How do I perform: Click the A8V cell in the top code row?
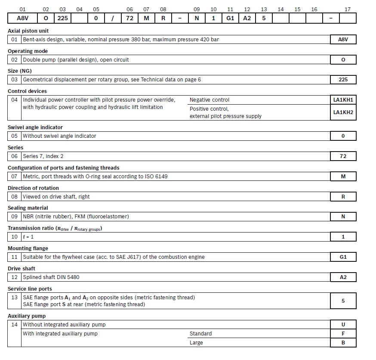click(x=22, y=19)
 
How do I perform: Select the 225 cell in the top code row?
click(x=63, y=19)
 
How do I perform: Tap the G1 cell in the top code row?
click(x=230, y=19)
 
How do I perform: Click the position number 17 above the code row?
click(x=348, y=9)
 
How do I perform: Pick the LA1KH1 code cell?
click(x=343, y=100)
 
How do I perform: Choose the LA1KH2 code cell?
click(x=343, y=112)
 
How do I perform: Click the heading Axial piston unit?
click(x=28, y=31)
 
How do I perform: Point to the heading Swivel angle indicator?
click(x=35, y=127)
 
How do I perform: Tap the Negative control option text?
click(x=210, y=100)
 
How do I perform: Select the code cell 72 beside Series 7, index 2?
click(x=343, y=156)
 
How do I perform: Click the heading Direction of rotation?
click(x=33, y=188)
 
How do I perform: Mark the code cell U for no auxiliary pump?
click(x=343, y=325)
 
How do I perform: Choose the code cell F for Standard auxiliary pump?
click(x=343, y=334)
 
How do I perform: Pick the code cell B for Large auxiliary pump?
click(x=343, y=343)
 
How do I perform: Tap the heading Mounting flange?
click(x=28, y=248)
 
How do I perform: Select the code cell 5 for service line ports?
click(x=343, y=301)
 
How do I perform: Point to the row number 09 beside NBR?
click(x=15, y=217)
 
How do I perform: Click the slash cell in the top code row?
click(x=113, y=19)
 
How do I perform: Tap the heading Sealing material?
click(x=28, y=208)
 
